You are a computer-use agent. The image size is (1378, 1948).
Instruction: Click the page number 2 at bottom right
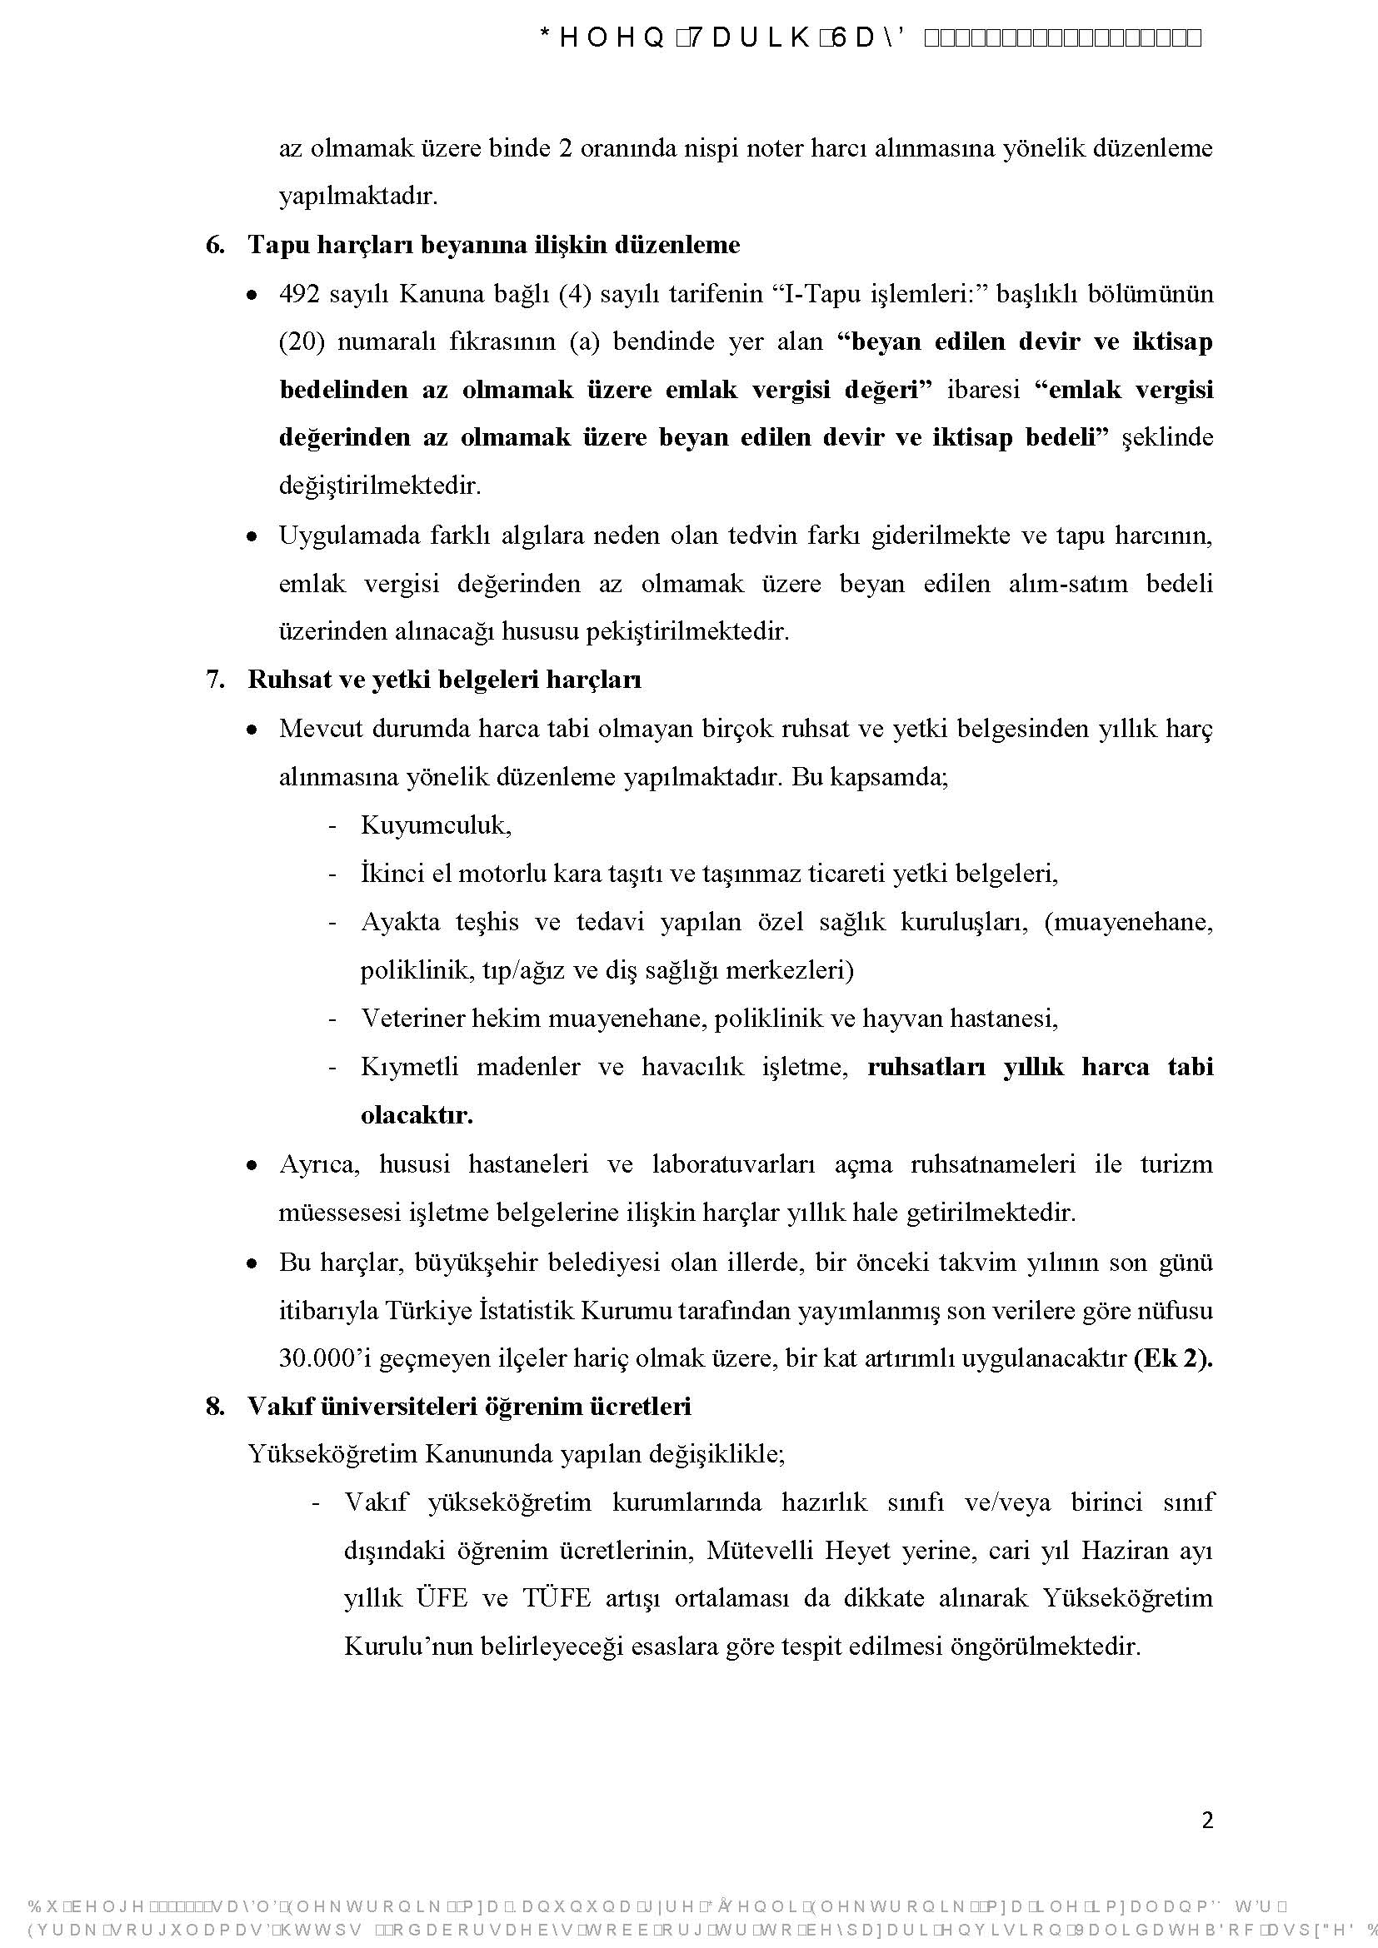tap(1207, 1820)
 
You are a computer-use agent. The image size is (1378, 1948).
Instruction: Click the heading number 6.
tap(215, 245)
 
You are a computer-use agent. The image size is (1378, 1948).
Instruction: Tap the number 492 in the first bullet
tap(299, 294)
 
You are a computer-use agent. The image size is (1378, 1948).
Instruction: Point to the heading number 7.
tap(215, 680)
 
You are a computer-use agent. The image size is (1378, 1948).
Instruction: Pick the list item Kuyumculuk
tap(435, 825)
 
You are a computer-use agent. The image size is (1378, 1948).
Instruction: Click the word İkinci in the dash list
tap(392, 873)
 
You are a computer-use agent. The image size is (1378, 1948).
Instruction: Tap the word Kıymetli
tap(409, 1067)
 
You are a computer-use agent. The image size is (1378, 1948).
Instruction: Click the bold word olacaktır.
tap(417, 1115)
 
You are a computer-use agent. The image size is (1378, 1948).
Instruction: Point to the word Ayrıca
tap(319, 1163)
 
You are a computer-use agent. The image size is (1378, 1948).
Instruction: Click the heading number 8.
tap(215, 1407)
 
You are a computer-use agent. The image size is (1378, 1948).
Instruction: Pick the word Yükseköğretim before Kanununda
tap(332, 1454)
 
